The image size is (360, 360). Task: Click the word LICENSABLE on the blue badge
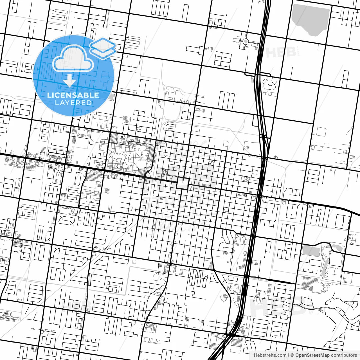click(73, 95)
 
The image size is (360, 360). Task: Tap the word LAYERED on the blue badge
click(73, 103)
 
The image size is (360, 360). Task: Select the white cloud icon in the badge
click(73, 59)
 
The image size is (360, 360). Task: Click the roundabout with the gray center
click(246, 42)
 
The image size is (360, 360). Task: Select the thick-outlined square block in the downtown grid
click(182, 184)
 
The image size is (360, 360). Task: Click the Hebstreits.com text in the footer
click(270, 355)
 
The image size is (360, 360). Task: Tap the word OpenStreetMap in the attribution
click(312, 355)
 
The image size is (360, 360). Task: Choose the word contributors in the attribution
click(344, 355)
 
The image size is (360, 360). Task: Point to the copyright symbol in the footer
click(292, 355)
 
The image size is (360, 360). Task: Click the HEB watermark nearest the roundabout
click(281, 52)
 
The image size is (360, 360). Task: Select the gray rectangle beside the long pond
click(311, 251)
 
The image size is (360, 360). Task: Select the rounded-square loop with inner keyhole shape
click(225, 297)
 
